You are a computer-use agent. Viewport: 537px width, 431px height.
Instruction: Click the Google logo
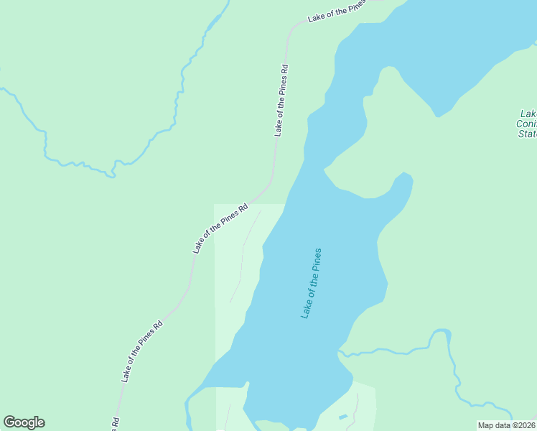coord(24,422)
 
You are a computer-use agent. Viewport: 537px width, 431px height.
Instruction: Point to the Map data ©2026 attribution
coord(507,425)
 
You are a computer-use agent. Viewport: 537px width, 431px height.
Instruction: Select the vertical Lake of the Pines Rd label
coord(281,101)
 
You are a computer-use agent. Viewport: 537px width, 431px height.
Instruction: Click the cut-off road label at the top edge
coord(336,11)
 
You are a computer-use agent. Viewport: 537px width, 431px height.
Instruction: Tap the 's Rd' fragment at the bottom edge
coord(115,424)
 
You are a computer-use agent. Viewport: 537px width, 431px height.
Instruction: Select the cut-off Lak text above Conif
coord(528,113)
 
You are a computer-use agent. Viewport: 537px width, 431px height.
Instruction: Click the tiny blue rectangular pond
coord(343,417)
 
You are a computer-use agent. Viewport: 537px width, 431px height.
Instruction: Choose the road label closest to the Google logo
coord(141,351)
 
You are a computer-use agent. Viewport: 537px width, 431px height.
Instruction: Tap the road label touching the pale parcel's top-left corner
coord(220,227)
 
